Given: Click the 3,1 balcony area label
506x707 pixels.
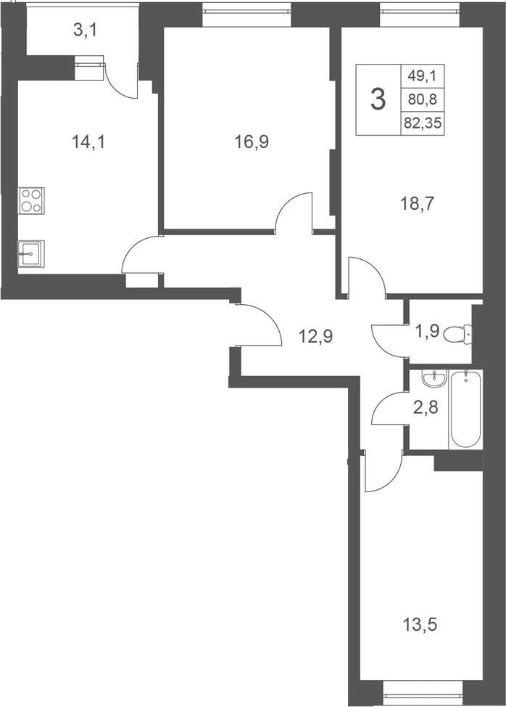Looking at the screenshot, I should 86,30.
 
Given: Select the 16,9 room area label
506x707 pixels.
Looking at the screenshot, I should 252,142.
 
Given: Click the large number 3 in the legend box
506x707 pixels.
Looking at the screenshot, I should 378,99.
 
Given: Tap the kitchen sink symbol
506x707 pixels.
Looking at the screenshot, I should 31,254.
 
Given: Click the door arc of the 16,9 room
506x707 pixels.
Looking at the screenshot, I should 294,211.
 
